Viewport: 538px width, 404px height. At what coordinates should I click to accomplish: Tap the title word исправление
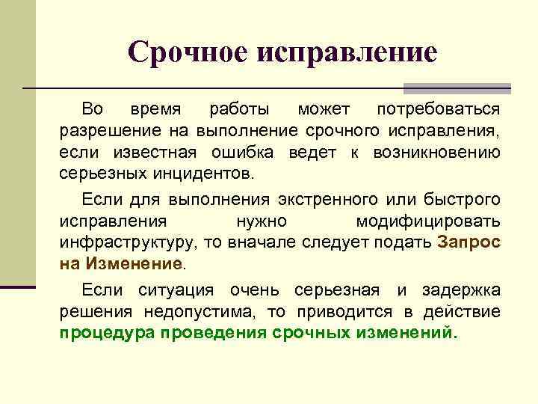[348, 52]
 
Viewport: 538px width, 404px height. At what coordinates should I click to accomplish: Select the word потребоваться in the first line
[438, 111]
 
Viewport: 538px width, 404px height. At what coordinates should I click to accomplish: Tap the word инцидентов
[202, 174]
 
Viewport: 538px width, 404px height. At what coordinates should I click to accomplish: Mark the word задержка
[458, 290]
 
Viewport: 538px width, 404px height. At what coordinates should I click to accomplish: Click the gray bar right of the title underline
[457, 87]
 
